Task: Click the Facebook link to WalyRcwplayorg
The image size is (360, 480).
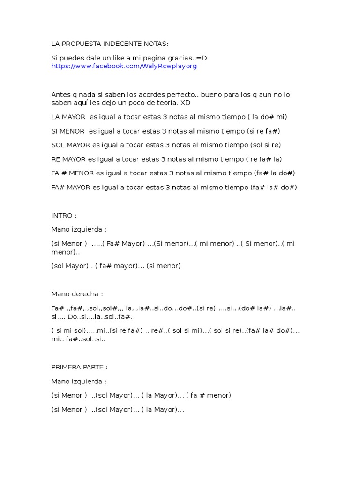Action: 124,66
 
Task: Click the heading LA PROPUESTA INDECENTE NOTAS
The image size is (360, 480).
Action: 109,44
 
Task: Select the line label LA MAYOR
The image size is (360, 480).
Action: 68,117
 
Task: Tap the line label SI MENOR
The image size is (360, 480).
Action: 68,131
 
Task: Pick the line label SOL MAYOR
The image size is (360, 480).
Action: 71,145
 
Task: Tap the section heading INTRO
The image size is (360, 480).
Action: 63,215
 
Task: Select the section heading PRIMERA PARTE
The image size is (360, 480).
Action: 79,367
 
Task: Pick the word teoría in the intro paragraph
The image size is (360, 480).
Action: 167,103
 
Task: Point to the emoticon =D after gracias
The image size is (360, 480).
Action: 202,58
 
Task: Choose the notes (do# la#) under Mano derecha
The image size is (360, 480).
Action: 255,308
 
